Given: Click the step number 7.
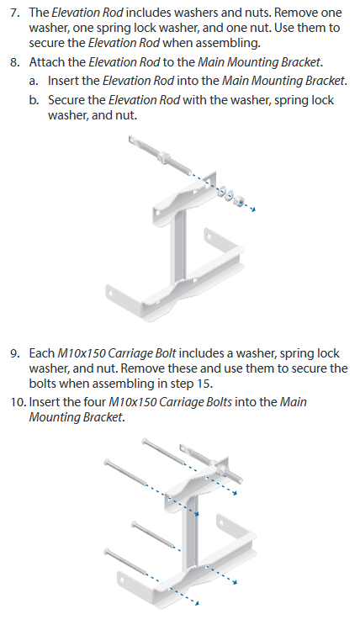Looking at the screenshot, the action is (14, 13).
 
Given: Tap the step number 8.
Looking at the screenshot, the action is (14, 62).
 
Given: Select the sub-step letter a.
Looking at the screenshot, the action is (34, 82).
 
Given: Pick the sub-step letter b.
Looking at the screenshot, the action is (34, 100).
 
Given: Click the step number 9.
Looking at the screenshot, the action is (14, 353).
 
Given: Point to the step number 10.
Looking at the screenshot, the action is (18, 402).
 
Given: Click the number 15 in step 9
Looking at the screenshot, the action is (204, 384).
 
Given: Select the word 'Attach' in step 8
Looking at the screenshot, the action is (44, 62).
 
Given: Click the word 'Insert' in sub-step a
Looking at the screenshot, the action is (61, 82).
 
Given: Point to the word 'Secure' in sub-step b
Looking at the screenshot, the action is (63, 100).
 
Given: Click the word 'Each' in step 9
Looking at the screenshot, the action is (42, 353).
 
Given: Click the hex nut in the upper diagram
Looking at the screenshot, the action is (238, 201).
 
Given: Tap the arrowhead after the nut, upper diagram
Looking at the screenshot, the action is (253, 209).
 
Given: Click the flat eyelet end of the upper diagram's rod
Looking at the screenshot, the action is (134, 141).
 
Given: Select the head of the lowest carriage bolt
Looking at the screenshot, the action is (107, 552).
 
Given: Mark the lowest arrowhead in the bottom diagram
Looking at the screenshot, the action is (196, 603).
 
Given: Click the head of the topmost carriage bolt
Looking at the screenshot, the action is (145, 441).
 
